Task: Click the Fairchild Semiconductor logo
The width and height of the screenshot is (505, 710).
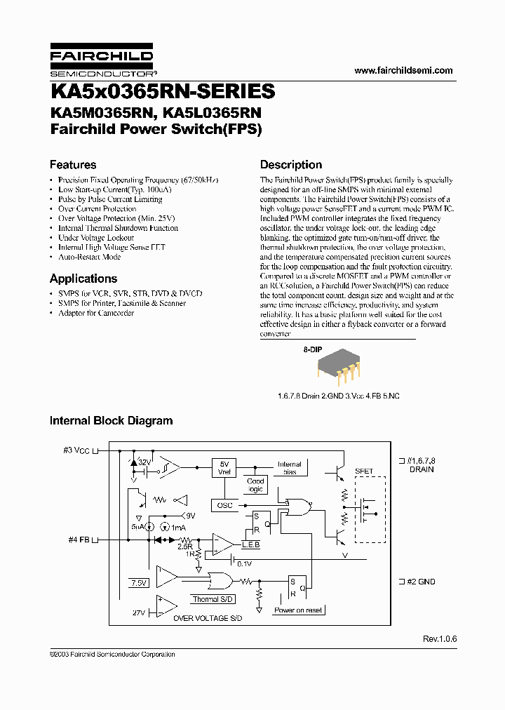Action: click(102, 62)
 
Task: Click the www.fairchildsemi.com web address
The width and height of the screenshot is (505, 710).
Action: click(403, 71)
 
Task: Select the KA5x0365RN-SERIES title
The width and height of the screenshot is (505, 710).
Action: click(162, 92)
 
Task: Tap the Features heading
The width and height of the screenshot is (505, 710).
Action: click(73, 165)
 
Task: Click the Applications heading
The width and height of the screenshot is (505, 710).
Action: click(83, 279)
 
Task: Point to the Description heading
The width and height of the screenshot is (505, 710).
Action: click(291, 165)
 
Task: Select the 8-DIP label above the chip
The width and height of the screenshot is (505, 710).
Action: click(312, 349)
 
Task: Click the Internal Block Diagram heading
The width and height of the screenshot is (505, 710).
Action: click(111, 421)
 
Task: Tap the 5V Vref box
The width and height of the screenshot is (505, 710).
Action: click(225, 467)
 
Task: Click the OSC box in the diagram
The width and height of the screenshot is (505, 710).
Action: click(224, 505)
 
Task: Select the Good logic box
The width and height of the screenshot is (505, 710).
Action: click(255, 485)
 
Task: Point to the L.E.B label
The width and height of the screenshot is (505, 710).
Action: click(250, 545)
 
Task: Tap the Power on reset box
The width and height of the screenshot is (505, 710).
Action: click(298, 610)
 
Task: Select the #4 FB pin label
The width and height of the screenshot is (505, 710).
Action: click(78, 540)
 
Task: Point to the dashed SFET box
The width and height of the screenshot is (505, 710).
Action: click(370, 510)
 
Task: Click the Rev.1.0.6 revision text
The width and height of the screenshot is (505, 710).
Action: click(438, 639)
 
